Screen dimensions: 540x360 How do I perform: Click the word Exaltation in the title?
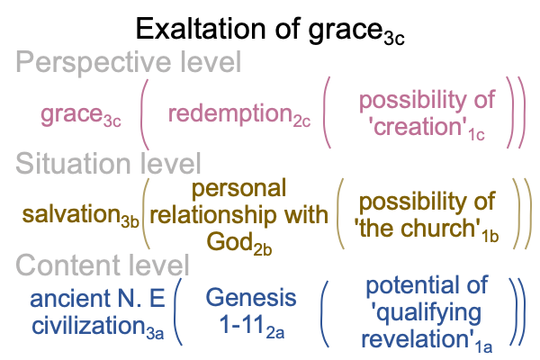[201, 29]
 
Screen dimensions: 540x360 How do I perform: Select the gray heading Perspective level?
[129, 63]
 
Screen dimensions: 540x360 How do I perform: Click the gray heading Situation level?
[108, 163]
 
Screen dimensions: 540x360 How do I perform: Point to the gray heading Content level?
[103, 265]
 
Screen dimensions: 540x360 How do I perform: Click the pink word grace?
[72, 114]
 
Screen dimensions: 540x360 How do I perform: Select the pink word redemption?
[230, 113]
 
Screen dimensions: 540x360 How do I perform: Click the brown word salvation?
[71, 214]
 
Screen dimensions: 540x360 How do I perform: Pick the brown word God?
[229, 241]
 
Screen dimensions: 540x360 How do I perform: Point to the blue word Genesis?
[251, 298]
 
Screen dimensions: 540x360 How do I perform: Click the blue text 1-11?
[242, 325]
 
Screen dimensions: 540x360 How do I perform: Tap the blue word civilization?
[88, 325]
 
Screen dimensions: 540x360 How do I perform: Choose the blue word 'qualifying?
[426, 313]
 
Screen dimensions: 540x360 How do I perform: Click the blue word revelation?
[415, 339]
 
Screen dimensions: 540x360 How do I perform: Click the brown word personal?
[238, 189]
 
